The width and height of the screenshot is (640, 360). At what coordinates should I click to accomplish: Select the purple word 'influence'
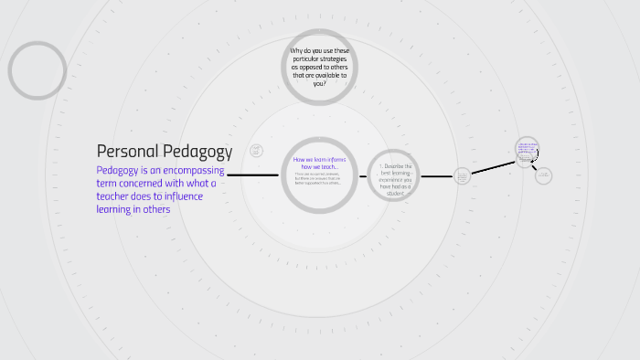click(x=182, y=196)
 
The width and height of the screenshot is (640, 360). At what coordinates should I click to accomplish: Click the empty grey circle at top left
click(x=37, y=70)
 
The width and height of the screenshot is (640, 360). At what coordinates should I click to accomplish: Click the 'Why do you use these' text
click(x=319, y=51)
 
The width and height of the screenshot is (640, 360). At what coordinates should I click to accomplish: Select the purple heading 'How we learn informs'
click(x=319, y=160)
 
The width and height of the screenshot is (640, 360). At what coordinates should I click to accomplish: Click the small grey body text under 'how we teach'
click(x=318, y=178)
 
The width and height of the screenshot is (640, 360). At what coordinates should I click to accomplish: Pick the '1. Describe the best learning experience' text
click(x=396, y=174)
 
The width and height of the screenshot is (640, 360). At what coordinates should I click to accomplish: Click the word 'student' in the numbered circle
click(x=396, y=194)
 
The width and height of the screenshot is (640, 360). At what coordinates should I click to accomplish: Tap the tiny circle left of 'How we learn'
click(x=256, y=150)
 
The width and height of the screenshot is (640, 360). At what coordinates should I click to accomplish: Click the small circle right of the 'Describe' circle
click(x=462, y=175)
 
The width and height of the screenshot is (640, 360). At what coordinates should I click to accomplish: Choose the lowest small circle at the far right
click(x=543, y=175)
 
